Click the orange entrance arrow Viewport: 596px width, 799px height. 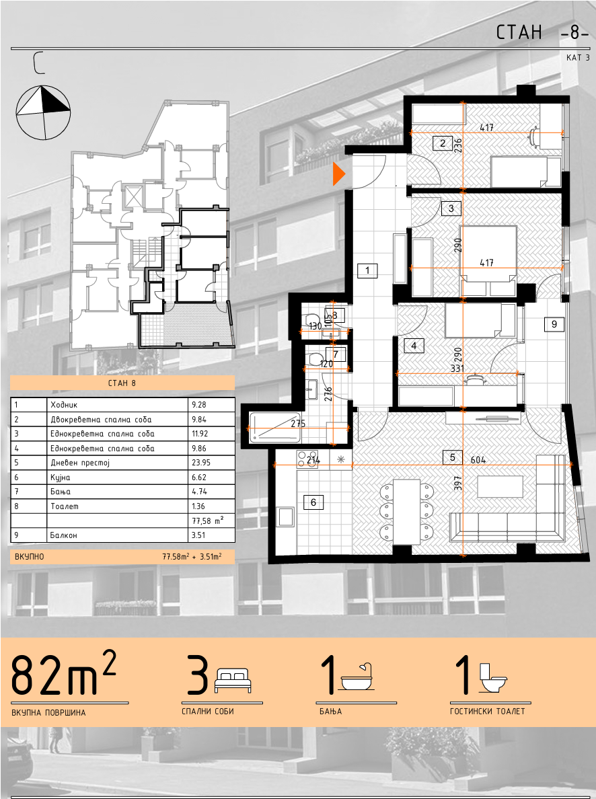(x=338, y=174)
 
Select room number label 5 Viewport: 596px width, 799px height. (x=452, y=457)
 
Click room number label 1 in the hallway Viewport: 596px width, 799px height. (x=367, y=270)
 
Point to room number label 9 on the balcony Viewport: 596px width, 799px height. (x=554, y=324)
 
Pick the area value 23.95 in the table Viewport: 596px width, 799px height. (x=201, y=463)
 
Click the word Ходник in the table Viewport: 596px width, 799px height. (x=64, y=405)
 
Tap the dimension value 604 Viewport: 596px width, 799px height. (x=478, y=460)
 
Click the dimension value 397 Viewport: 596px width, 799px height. (x=457, y=482)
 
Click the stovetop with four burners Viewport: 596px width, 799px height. (x=308, y=459)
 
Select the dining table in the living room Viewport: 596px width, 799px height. (x=406, y=511)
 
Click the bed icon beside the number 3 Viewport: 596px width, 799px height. (x=233, y=681)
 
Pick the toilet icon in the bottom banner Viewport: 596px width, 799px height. (x=493, y=678)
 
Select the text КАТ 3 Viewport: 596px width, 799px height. (x=578, y=58)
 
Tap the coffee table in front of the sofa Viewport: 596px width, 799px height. (x=500, y=487)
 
